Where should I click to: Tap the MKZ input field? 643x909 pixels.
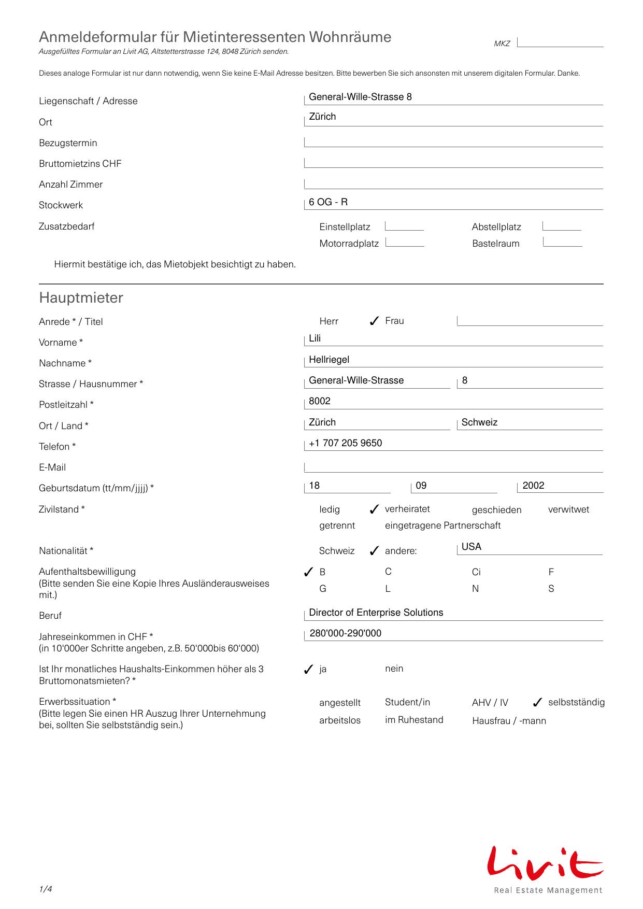point(560,42)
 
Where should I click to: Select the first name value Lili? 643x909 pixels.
point(315,338)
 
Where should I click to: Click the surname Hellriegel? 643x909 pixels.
point(329,360)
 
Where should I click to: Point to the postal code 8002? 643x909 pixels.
point(320,401)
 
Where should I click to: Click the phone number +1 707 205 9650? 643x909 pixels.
point(346,443)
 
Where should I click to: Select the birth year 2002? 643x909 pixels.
point(533,486)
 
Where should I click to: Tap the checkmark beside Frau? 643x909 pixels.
point(374,321)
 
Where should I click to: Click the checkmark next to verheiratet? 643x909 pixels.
point(374,510)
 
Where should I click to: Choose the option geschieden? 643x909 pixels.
point(496,510)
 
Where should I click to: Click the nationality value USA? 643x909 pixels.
point(471,547)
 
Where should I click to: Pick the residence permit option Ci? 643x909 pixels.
point(476,572)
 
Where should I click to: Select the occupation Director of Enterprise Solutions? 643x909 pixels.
point(376,613)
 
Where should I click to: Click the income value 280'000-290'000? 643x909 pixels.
point(346,633)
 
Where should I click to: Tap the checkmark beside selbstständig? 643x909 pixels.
point(537,703)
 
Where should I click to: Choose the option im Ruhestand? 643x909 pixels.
point(414,720)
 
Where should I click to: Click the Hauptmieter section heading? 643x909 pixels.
point(81,298)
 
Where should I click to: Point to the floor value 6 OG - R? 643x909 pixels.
point(328,202)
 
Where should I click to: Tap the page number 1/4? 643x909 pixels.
point(46,889)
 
